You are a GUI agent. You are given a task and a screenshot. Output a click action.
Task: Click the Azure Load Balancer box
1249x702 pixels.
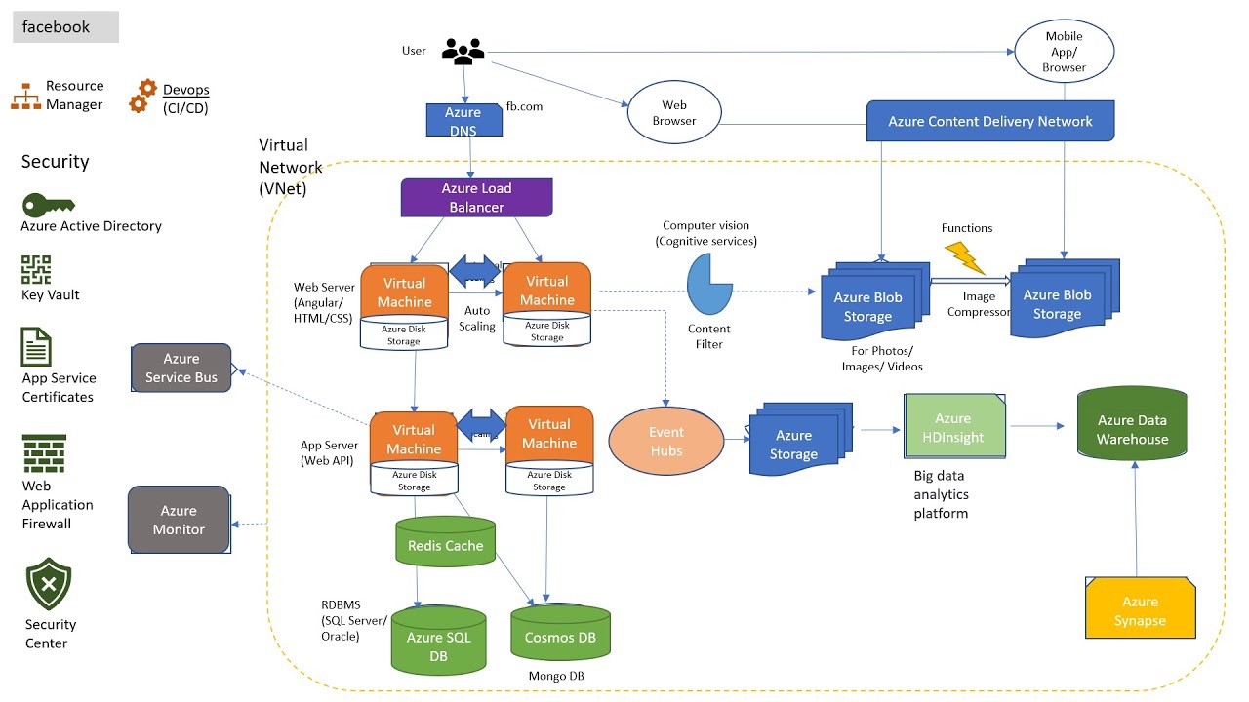coord(476,197)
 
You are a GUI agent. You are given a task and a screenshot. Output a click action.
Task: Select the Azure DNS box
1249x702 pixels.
coord(463,121)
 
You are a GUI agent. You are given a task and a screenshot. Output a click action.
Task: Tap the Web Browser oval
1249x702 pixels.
coord(674,113)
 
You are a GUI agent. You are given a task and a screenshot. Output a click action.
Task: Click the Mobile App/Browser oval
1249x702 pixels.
coord(1064,51)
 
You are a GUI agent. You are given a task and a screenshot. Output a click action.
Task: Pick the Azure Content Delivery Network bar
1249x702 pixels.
coord(989,122)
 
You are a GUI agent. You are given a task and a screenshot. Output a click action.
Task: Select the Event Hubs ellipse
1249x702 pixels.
coord(666,442)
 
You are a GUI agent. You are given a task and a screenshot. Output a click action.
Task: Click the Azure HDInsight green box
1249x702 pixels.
coord(954,428)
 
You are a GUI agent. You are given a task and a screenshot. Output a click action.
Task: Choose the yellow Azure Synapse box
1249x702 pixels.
coord(1140,610)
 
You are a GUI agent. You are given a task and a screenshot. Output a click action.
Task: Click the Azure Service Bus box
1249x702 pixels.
coord(181,368)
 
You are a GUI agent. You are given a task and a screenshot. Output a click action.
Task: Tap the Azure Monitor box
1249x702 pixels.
coord(179,519)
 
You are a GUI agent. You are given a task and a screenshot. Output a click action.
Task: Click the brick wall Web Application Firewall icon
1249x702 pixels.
coord(45,453)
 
